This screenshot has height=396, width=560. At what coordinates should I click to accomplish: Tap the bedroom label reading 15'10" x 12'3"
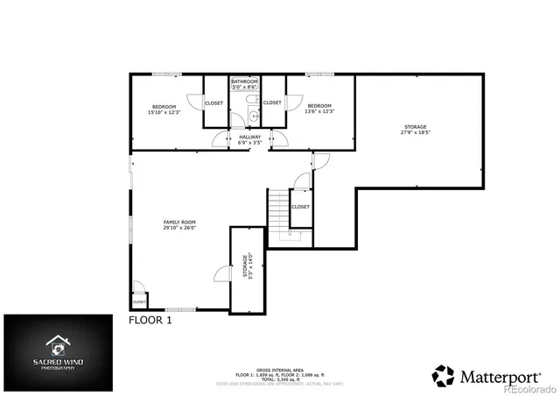[164, 109]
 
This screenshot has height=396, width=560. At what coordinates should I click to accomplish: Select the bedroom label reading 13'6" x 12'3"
[319, 109]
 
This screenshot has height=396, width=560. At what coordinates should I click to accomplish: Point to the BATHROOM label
[244, 84]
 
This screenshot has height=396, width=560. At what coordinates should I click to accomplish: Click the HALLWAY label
[250, 139]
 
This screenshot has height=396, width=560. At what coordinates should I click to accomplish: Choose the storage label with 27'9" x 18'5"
[416, 130]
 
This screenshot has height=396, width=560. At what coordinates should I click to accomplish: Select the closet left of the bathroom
[213, 103]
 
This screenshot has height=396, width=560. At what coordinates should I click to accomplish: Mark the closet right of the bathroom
[273, 103]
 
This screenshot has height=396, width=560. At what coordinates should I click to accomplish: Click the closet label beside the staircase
[300, 207]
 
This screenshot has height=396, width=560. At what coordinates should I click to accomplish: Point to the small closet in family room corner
[139, 301]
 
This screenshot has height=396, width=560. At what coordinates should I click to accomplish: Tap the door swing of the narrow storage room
[220, 275]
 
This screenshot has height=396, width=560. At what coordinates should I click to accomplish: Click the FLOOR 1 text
[150, 321]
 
